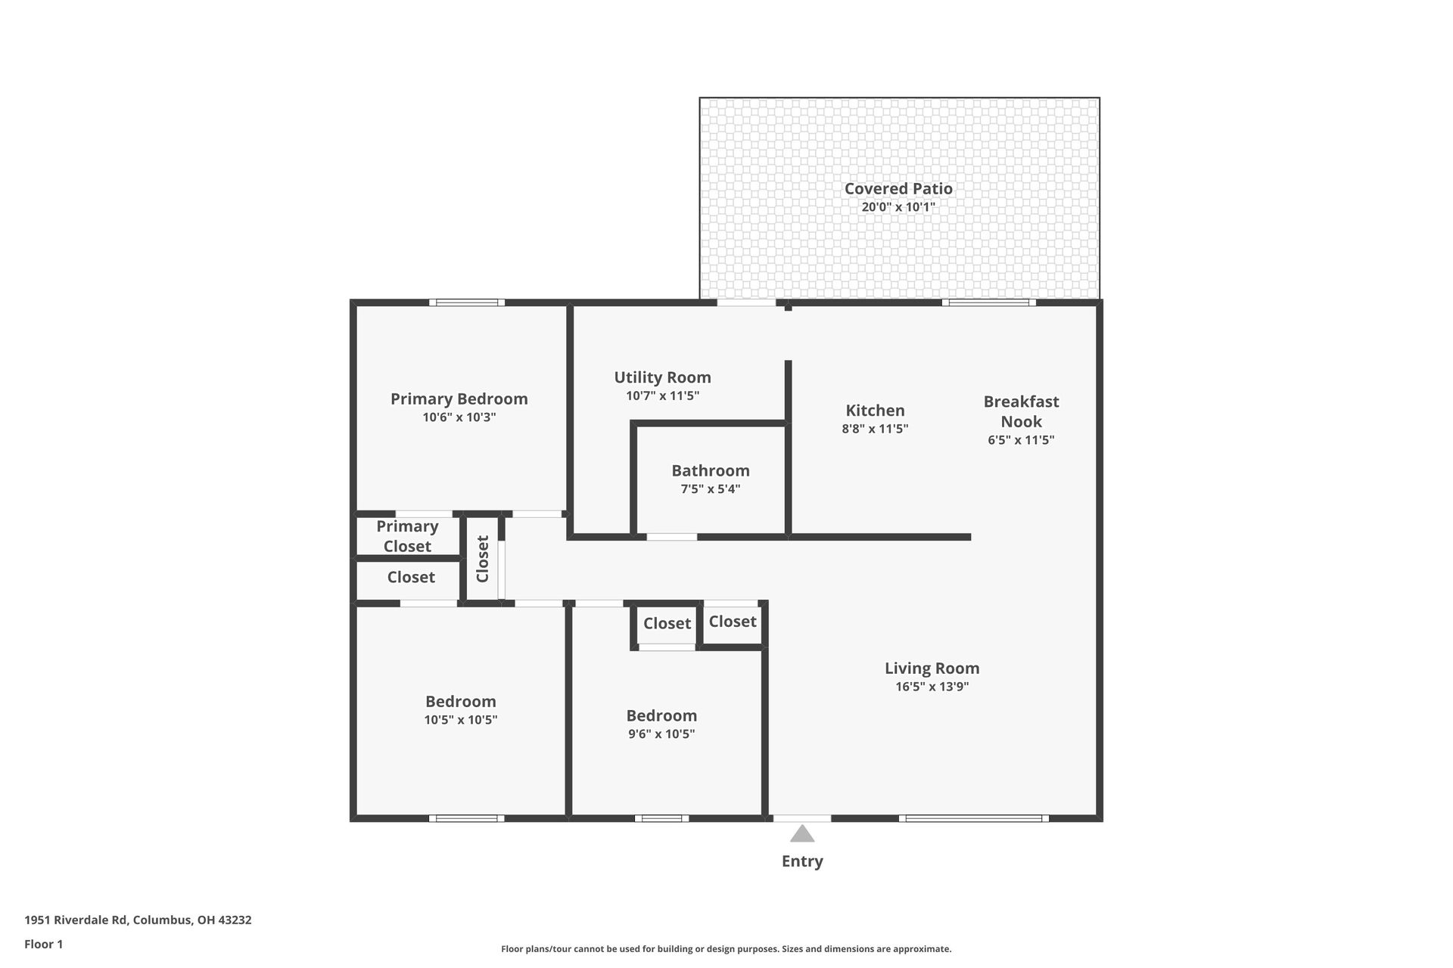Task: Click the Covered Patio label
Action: point(898,189)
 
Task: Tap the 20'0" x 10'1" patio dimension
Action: point(898,207)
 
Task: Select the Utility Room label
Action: point(662,377)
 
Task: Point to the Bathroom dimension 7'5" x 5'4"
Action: point(710,489)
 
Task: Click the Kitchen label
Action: point(875,411)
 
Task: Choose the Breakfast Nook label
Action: point(1021,411)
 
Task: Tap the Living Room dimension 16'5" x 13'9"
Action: point(932,687)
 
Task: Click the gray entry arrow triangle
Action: point(802,834)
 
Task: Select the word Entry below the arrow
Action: point(802,861)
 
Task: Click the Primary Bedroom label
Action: point(459,399)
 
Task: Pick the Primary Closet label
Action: point(407,536)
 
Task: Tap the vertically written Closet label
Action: point(483,559)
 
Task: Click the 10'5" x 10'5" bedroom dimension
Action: point(460,720)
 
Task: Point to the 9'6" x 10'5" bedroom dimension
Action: point(661,734)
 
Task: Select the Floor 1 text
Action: point(43,945)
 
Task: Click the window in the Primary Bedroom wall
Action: point(467,303)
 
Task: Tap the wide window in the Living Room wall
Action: point(973,818)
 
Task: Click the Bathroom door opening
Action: point(671,537)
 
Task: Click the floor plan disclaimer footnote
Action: point(726,949)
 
